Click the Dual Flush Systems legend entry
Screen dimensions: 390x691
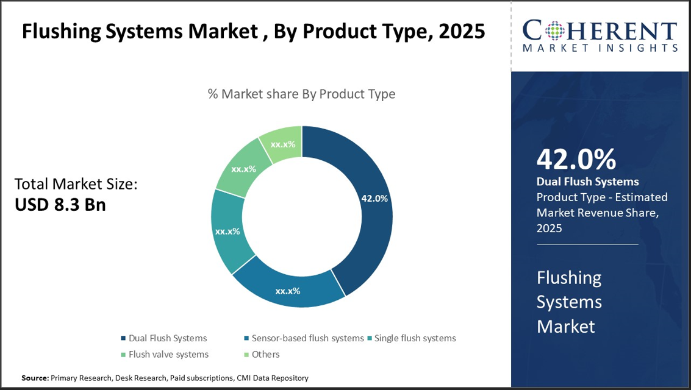point(164,338)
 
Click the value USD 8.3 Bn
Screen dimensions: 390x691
point(60,205)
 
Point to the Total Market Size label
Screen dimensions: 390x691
point(76,184)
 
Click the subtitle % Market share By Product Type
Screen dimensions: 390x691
point(301,94)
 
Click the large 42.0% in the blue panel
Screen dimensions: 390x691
point(576,159)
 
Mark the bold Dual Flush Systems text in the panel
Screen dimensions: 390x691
point(587,182)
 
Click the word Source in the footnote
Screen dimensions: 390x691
point(34,378)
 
